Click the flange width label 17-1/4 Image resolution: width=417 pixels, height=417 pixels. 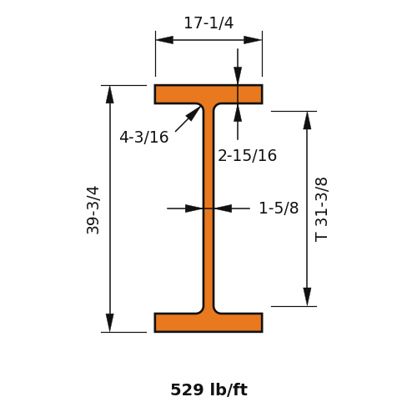click(208, 23)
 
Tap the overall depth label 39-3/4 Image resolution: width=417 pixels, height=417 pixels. click(93, 210)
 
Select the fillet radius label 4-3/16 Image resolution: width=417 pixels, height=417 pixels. click(144, 137)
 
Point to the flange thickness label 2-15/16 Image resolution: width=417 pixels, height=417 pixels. click(247, 155)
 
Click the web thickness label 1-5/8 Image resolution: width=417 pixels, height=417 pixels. click(279, 208)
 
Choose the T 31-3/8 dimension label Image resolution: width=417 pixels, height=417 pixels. click(321, 209)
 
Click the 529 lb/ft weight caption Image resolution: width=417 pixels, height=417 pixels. click(208, 389)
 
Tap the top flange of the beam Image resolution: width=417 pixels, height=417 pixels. click(208, 94)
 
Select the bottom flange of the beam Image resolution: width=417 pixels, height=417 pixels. click(208, 323)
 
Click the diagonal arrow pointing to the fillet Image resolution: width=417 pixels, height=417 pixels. click(188, 119)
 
